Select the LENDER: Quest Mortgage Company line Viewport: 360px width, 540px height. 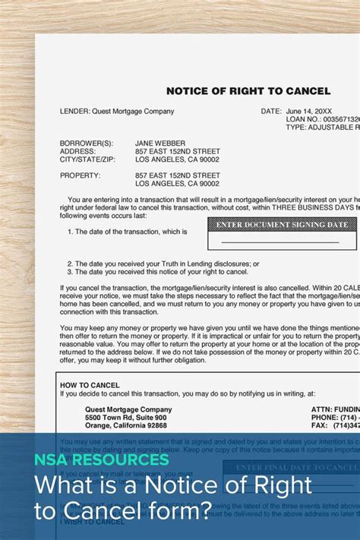coord(116,111)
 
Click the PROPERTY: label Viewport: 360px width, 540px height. coord(80,175)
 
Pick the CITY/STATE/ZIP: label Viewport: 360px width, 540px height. coord(86,159)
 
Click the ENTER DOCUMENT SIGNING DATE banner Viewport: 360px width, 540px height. coord(282,225)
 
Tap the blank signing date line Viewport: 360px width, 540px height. coord(279,242)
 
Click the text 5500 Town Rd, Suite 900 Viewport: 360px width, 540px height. coord(125,418)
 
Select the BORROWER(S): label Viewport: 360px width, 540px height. coord(86,143)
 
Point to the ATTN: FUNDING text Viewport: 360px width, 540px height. coord(335,409)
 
